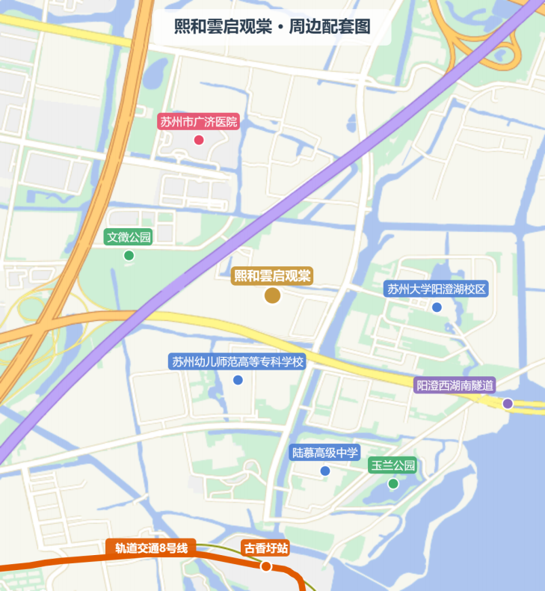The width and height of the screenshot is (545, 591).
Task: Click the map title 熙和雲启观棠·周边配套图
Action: [x=272, y=28]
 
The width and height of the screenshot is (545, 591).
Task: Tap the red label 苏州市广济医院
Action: [x=198, y=121]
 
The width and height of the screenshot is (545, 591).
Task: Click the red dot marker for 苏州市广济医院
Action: [x=199, y=140]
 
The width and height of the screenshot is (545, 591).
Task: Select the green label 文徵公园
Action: [x=129, y=237]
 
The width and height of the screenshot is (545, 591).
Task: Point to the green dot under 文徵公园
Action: [x=129, y=255]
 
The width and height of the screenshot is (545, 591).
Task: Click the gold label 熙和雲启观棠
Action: [x=272, y=275]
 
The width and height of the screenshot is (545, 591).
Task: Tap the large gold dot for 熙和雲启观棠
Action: [x=272, y=295]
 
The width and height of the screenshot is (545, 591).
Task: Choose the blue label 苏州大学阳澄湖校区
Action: [x=437, y=289]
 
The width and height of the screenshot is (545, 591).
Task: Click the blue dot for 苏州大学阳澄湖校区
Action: [x=437, y=307]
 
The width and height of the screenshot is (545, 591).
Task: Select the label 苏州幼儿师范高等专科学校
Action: [x=238, y=362]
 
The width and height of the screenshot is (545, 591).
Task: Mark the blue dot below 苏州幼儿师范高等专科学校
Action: [x=238, y=380]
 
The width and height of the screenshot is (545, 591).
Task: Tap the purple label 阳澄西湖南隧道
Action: [x=455, y=385]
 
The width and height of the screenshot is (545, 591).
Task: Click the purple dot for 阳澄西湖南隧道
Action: [x=508, y=403]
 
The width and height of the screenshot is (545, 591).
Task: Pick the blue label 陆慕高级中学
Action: [x=325, y=452]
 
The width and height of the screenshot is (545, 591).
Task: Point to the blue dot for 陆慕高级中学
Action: [x=325, y=471]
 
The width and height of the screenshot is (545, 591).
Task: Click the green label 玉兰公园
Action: [x=393, y=465]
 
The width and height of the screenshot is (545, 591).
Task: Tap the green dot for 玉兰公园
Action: [x=393, y=483]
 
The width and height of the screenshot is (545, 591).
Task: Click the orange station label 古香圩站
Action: [x=265, y=548]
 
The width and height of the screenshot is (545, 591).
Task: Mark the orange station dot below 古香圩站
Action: [x=265, y=566]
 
